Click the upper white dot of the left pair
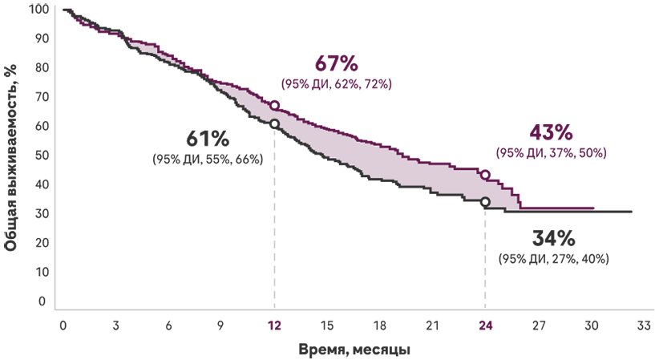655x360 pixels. click(x=274, y=105)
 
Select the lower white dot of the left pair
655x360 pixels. click(x=274, y=123)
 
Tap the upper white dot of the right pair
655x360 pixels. click(x=485, y=175)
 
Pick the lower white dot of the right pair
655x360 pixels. click(x=485, y=201)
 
